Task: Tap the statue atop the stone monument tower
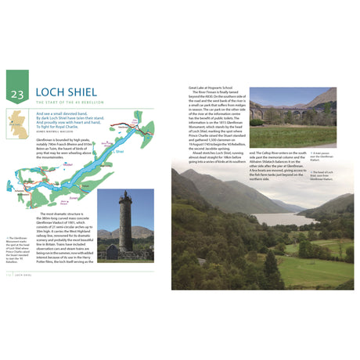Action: tap(125, 192)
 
